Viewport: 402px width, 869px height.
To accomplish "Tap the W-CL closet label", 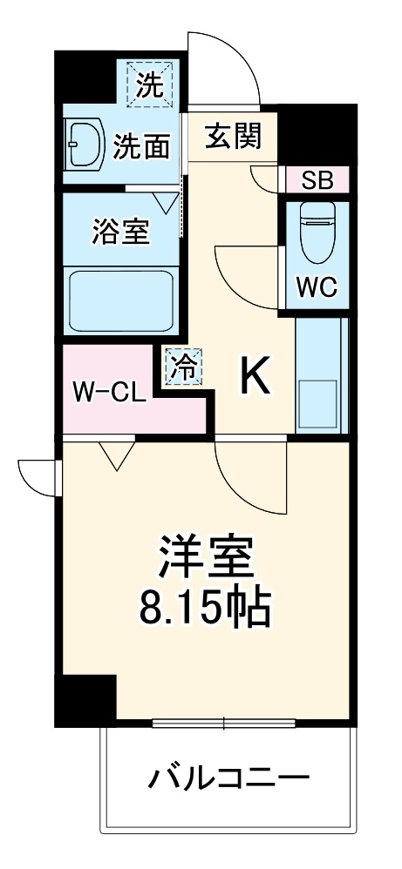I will pyautogui.click(x=109, y=393).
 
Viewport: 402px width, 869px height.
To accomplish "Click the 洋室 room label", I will pyautogui.click(x=205, y=560).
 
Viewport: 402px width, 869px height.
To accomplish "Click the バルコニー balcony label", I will pyautogui.click(x=227, y=775).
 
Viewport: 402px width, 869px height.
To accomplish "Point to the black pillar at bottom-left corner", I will pyautogui.click(x=85, y=700).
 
